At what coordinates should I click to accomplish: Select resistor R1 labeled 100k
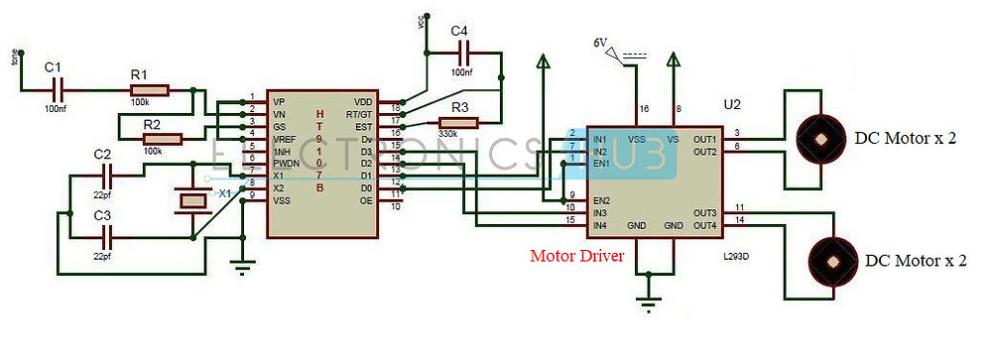coord(149,90)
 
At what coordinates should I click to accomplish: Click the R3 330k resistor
coord(458,123)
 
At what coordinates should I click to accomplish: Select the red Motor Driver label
coord(575,257)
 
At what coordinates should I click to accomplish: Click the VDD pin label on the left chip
coord(363,102)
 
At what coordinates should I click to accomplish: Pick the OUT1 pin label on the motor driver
coord(703,139)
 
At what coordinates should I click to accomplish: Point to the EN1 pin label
coord(601,163)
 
